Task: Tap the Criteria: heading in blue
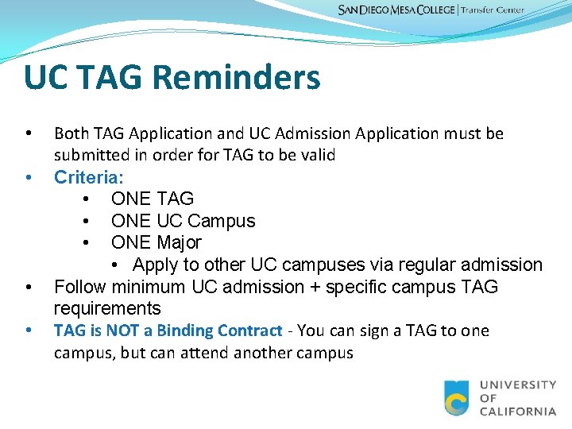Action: (88, 176)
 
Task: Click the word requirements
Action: (107, 308)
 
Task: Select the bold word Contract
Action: (254, 330)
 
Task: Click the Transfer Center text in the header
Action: (494, 10)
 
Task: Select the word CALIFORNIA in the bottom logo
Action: (518, 411)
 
